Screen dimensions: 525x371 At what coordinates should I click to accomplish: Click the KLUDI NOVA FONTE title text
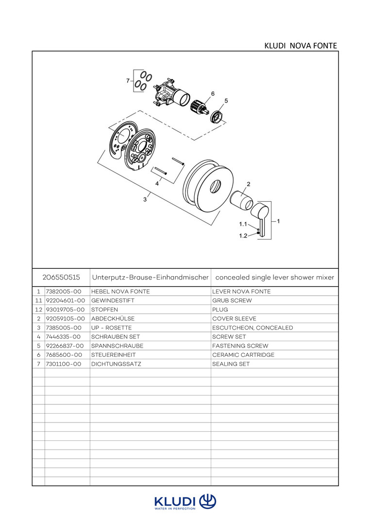[300, 46]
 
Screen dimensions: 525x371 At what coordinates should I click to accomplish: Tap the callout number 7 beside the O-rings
[128, 81]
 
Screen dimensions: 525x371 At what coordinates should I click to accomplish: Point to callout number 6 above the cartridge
[213, 93]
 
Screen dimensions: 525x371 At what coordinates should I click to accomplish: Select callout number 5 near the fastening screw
[226, 101]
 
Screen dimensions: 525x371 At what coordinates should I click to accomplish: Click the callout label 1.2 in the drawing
[243, 236]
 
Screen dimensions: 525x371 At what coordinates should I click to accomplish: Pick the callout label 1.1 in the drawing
[243, 225]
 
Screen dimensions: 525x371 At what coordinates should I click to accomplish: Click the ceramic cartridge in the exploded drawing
[199, 107]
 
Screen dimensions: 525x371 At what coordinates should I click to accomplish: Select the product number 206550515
[61, 278]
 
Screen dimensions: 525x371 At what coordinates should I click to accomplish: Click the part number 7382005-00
[64, 292]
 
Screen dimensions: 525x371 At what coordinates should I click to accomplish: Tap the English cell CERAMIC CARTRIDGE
[243, 355]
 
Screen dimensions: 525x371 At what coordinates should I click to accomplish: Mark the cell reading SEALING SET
[231, 364]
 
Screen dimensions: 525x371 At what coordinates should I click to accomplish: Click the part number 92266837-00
[66, 346]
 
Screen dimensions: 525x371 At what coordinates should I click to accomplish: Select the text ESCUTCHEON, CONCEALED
[253, 328]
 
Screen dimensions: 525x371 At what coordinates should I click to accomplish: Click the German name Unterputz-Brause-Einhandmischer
[150, 278]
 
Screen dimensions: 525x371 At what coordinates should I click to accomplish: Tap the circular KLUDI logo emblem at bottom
[208, 501]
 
